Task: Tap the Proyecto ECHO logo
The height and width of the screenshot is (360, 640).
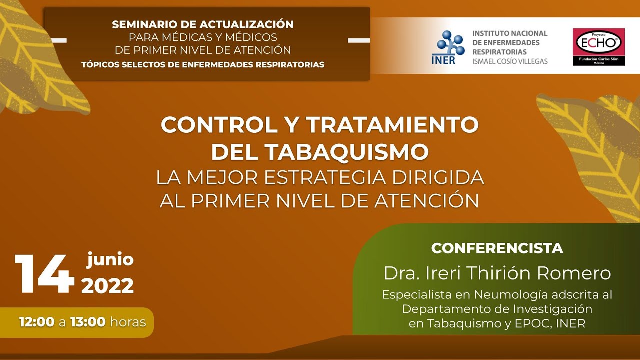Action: [598, 46]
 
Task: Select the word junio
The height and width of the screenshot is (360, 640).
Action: [110, 260]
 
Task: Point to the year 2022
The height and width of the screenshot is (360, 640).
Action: [107, 286]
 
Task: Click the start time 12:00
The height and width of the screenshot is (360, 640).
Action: [37, 322]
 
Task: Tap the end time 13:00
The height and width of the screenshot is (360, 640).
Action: [88, 322]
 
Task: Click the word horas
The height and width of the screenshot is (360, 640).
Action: [128, 322]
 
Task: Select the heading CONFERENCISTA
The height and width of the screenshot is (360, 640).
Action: [497, 248]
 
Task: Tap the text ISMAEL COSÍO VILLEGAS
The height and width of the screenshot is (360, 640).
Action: [510, 61]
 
